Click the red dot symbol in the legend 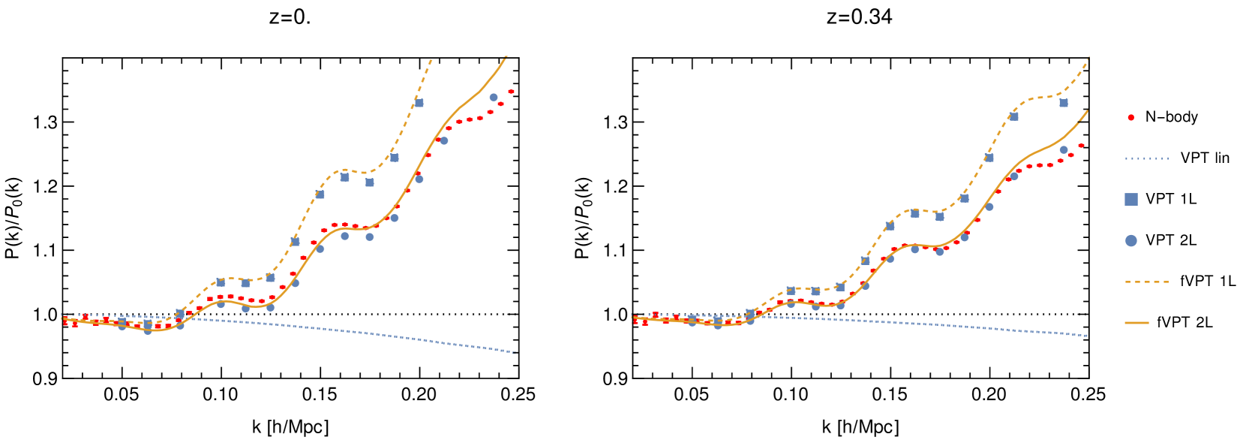1130,118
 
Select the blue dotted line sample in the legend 1147,158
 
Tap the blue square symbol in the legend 1131,199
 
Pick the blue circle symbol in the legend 1131,241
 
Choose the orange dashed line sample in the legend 1147,282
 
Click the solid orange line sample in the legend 1137,323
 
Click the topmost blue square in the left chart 419,103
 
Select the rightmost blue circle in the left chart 494,98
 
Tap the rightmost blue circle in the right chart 1064,150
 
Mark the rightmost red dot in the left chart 511,92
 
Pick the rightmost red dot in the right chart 1081,146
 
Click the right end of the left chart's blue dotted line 515,353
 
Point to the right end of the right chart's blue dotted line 1087,336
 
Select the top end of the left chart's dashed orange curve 431,59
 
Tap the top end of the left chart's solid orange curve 507,56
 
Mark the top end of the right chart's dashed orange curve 1088,56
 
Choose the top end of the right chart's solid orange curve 1087,111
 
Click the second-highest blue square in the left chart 395,158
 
